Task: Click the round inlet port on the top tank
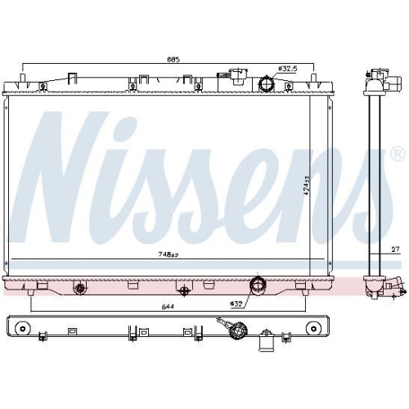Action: coord(266,84)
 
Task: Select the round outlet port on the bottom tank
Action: coord(258,285)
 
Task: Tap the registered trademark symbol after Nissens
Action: coord(397,153)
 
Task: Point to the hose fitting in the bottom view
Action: coord(239,330)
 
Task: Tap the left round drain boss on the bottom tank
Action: coord(79,288)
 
